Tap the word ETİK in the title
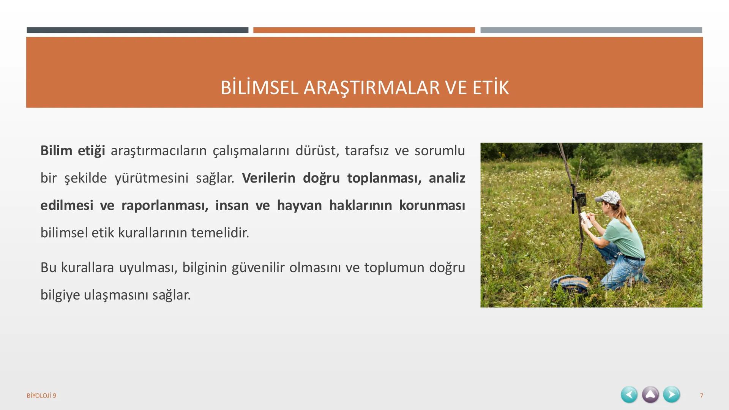(490, 88)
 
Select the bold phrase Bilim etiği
(73, 151)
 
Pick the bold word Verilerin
(268, 178)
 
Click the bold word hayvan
(299, 205)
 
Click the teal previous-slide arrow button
(629, 394)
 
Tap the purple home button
(650, 394)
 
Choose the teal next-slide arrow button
(671, 394)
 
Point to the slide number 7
(701, 396)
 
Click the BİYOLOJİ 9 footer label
(41, 396)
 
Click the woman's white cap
(609, 197)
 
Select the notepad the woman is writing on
(586, 220)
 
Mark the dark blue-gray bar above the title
(137, 30)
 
